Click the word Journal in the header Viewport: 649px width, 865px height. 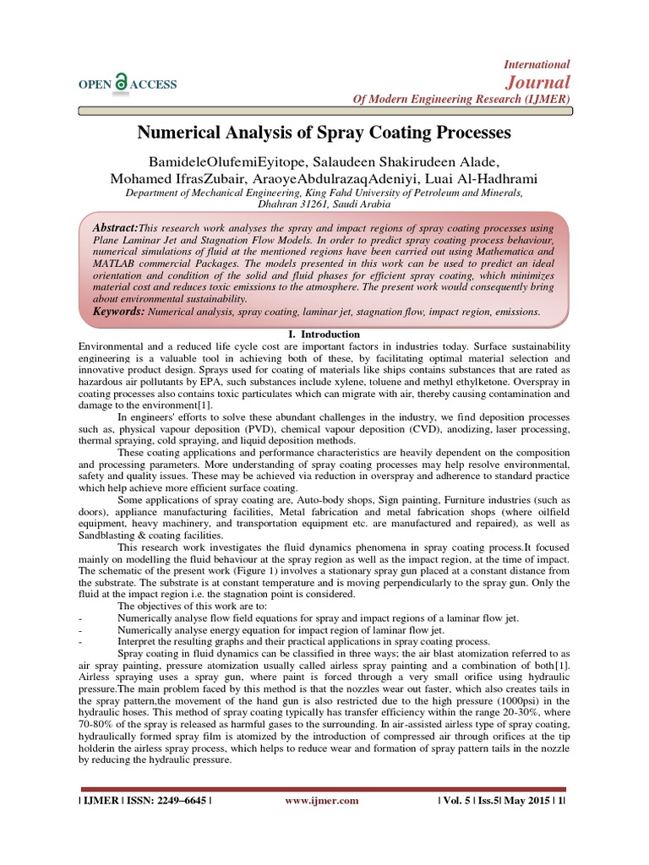[x=537, y=82]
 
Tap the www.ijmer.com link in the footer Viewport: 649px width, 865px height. [x=321, y=801]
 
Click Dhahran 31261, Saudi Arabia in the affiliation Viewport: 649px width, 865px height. [x=324, y=204]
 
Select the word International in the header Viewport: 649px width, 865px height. [x=537, y=64]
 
